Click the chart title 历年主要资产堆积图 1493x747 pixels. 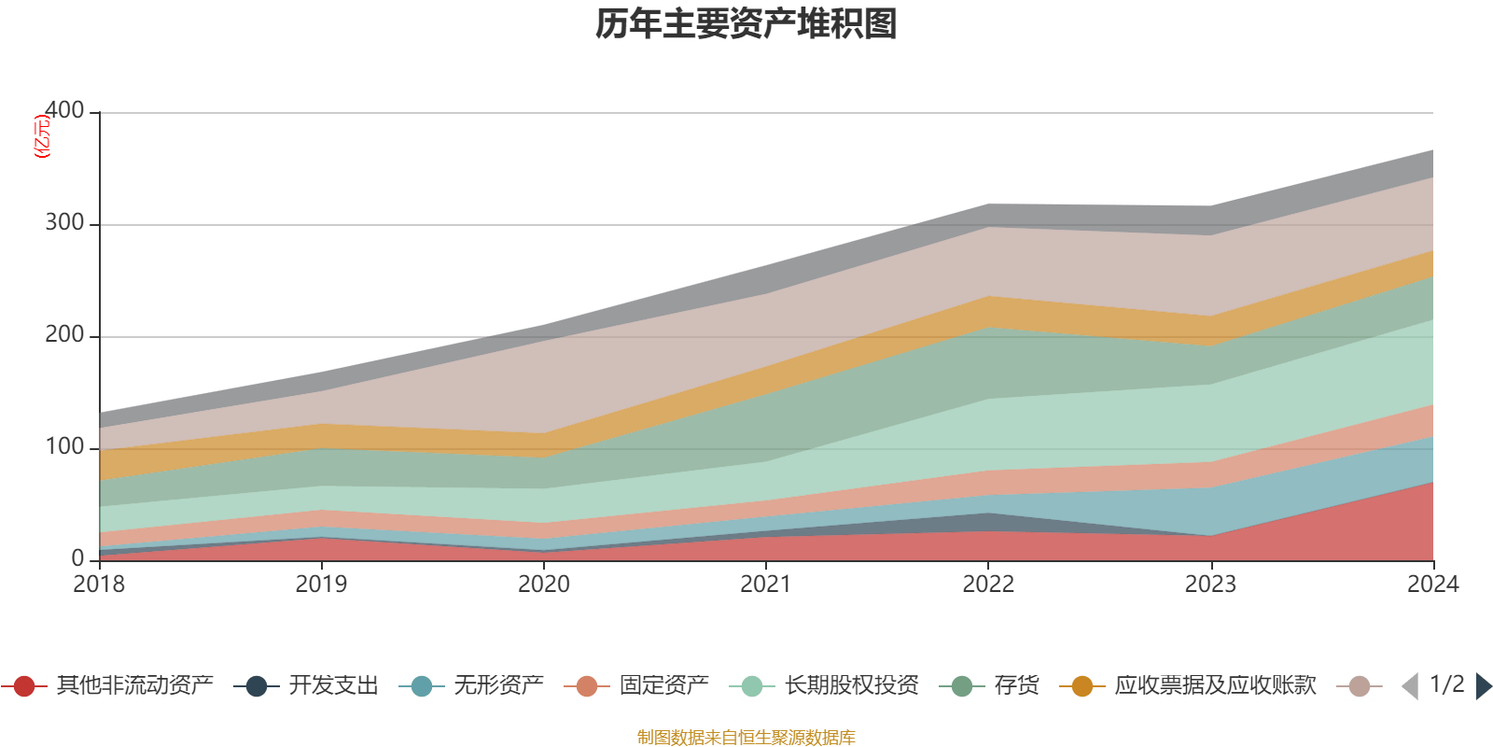pyautogui.click(x=746, y=24)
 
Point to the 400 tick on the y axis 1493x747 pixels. pyautogui.click(x=64, y=111)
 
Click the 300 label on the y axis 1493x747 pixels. pyautogui.click(x=64, y=223)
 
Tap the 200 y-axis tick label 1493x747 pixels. pyautogui.click(x=64, y=335)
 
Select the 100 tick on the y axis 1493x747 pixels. pyautogui.click(x=64, y=447)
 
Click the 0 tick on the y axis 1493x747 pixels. pyautogui.click(x=77, y=559)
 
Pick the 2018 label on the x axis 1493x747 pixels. pyautogui.click(x=99, y=585)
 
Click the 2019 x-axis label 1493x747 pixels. pyautogui.click(x=321, y=585)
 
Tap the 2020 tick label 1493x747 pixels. pyautogui.click(x=543, y=585)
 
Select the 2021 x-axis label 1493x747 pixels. pyautogui.click(x=766, y=585)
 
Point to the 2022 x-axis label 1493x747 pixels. pyautogui.click(x=988, y=585)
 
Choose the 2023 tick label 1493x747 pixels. pyautogui.click(x=1210, y=585)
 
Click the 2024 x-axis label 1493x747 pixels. pyautogui.click(x=1432, y=585)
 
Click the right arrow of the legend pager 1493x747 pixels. pyautogui.click(x=1483, y=686)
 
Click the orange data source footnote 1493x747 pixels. pyautogui.click(x=746, y=738)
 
